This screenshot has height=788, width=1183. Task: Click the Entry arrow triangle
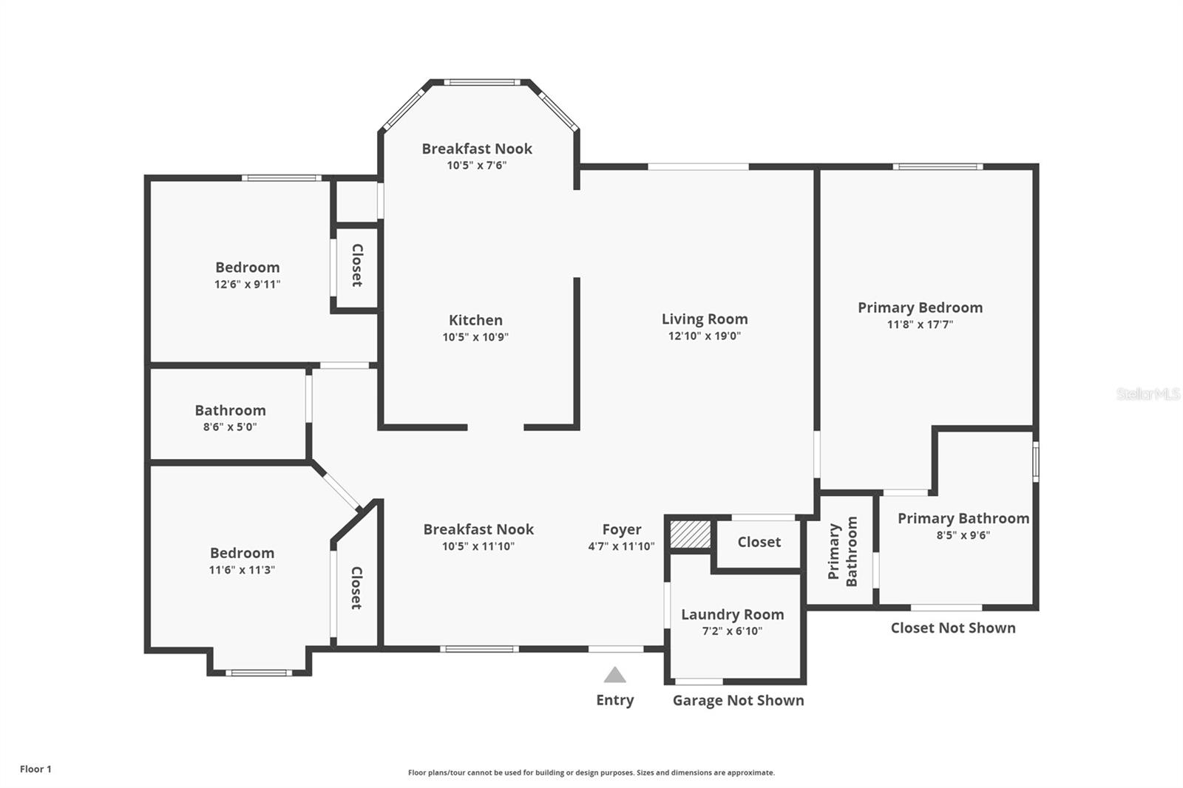[614, 675]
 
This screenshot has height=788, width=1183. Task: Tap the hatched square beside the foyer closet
[690, 534]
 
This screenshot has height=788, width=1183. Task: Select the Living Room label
[704, 319]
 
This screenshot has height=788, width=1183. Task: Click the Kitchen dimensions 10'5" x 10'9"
[475, 337]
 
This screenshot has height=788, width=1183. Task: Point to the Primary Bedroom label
[920, 308]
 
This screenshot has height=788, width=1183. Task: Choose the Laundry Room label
[732, 614]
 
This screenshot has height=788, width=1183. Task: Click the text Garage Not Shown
[738, 700]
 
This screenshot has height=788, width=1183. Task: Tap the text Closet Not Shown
[952, 628]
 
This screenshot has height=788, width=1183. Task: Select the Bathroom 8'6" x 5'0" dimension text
[230, 427]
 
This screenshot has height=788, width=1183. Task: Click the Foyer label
[621, 529]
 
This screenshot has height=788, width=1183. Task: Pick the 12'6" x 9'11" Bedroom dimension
[247, 284]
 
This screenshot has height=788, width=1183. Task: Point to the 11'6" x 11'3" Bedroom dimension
[242, 569]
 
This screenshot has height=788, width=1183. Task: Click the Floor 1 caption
[35, 769]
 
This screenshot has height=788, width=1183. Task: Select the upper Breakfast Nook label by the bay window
[477, 149]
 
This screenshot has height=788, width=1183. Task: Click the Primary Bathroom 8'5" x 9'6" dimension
[963, 535]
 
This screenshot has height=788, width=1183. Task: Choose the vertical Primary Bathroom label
[842, 551]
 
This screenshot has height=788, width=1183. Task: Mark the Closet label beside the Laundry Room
[759, 542]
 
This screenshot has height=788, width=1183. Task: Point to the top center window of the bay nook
[481, 82]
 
